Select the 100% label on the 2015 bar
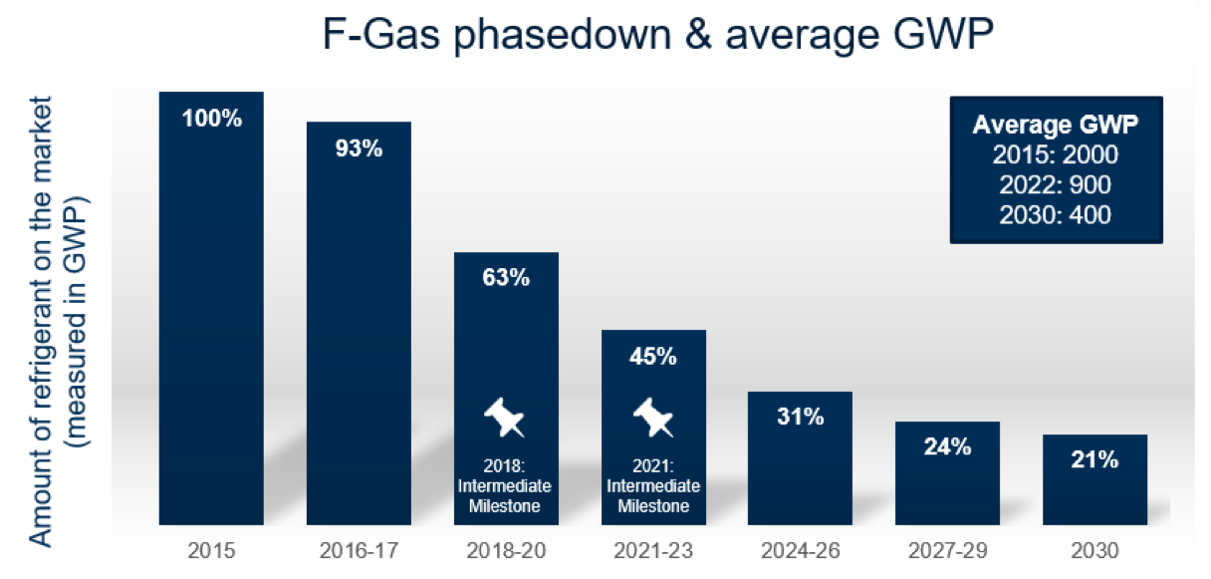pos(211,119)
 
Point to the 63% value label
pos(506,278)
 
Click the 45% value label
pos(653,356)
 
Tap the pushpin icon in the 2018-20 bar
pos(506,417)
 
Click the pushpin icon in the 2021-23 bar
pos(653,417)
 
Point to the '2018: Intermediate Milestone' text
pos(506,485)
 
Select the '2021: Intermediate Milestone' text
pos(653,485)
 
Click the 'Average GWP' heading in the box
pos(1056,126)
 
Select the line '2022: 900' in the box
pos(1056,184)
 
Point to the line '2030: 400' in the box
pos(1056,213)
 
